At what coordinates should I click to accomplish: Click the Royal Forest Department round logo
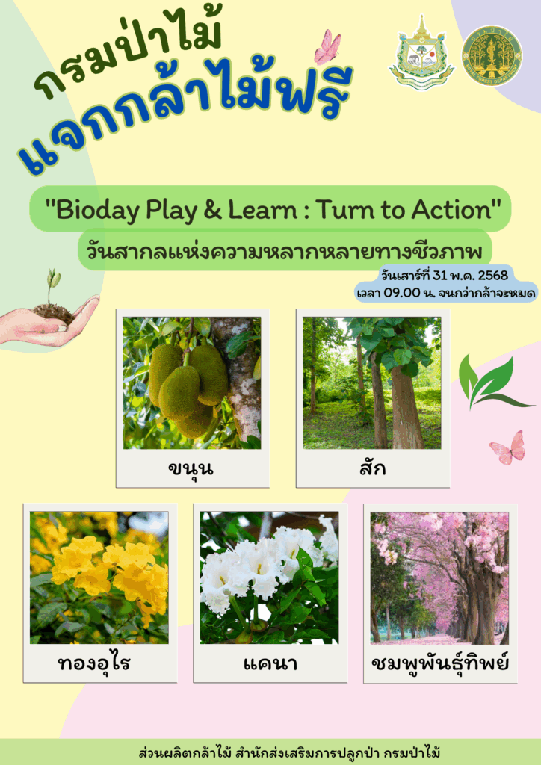(x=492, y=55)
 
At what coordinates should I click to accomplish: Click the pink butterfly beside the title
(x=327, y=47)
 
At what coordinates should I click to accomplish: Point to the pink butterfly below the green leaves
(x=508, y=447)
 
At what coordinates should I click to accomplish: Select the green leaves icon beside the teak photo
(x=492, y=382)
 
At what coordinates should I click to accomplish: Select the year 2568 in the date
(x=493, y=276)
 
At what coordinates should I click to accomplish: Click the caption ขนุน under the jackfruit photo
(x=191, y=469)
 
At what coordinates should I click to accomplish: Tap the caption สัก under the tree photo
(x=372, y=468)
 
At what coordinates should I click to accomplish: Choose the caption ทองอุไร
(x=94, y=664)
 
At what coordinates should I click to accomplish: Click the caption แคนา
(x=270, y=664)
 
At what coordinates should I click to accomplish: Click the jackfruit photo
(x=192, y=383)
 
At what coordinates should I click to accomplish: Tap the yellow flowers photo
(x=99, y=577)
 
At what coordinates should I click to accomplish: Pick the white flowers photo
(x=269, y=577)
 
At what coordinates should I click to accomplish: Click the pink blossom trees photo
(x=439, y=577)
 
